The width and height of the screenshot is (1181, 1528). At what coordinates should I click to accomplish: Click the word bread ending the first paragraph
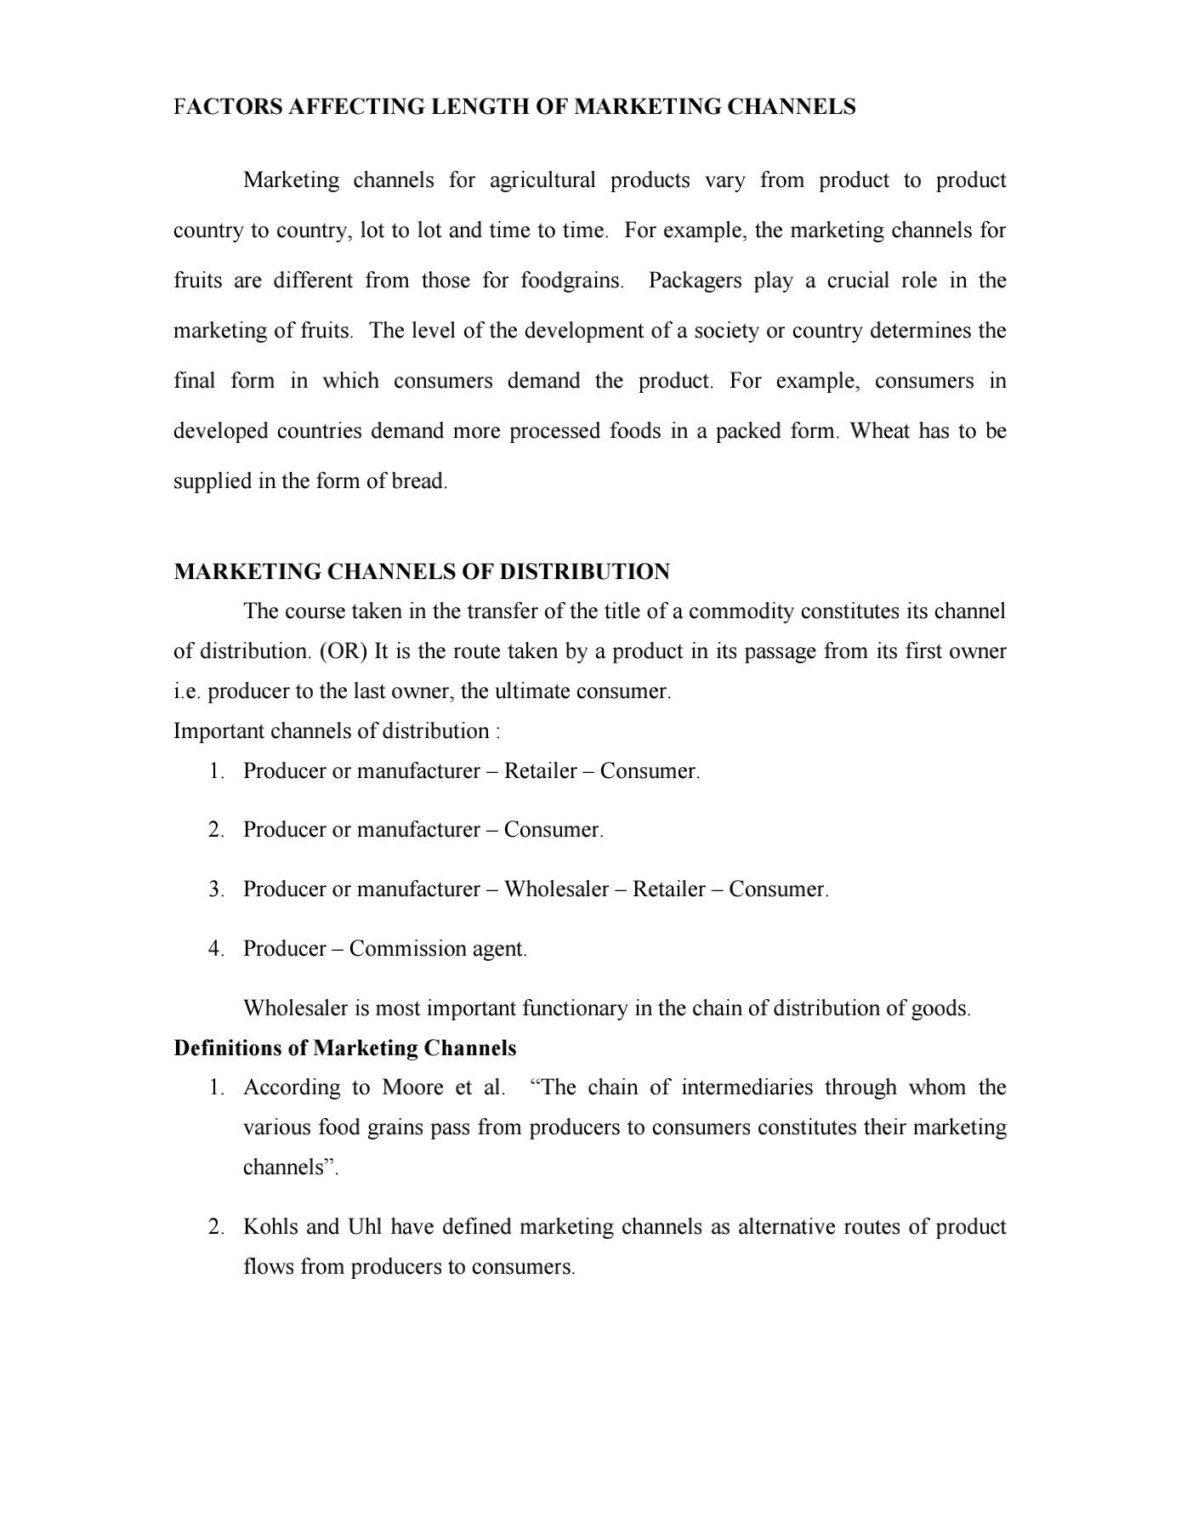pos(417,481)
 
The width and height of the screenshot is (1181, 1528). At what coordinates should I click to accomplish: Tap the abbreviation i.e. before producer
pos(187,691)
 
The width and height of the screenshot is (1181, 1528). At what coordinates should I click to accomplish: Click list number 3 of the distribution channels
pos(216,889)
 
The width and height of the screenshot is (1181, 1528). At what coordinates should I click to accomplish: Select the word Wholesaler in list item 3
pos(556,889)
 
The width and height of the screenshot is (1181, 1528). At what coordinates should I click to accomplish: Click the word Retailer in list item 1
pos(541,771)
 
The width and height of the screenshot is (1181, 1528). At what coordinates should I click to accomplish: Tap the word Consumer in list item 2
pos(552,830)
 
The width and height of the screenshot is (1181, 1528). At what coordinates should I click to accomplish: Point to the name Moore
pos(413,1088)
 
